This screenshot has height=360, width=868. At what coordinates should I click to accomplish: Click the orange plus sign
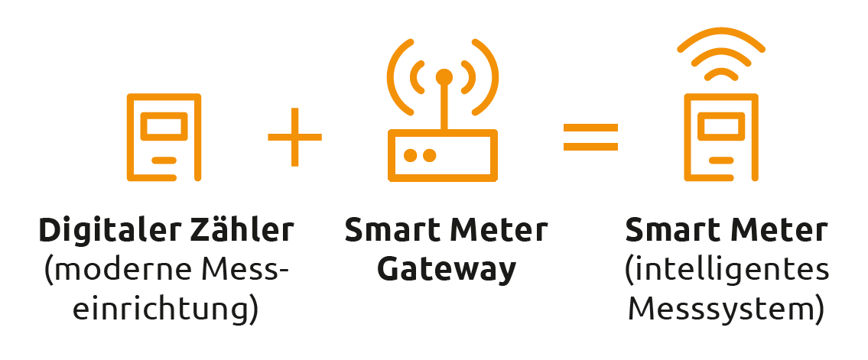[x=294, y=138]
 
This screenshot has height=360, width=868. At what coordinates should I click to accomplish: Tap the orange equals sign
[x=590, y=138]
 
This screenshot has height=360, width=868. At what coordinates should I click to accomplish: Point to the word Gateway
[x=447, y=270]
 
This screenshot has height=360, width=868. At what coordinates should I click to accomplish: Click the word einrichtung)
[x=169, y=311]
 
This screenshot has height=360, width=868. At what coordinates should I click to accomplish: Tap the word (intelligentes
[x=726, y=270]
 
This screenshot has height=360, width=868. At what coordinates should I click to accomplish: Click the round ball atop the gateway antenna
[x=444, y=76]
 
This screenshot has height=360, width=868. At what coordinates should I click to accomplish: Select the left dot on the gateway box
[x=411, y=155]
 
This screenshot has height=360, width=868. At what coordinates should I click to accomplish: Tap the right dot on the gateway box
[x=430, y=155]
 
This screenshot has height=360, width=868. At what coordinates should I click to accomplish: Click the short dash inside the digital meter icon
[x=164, y=161]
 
